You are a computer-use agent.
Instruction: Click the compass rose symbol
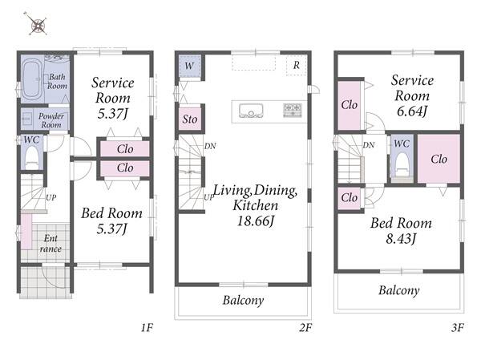click(36, 24)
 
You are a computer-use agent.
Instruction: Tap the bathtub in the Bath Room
click(31, 79)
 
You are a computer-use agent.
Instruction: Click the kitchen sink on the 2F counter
click(251, 111)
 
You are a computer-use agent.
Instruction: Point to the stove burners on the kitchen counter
click(292, 111)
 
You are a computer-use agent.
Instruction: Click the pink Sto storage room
click(190, 119)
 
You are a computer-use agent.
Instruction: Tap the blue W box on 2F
click(189, 66)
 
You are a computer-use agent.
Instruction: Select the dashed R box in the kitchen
click(296, 66)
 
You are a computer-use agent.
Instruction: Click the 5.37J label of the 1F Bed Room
click(111, 229)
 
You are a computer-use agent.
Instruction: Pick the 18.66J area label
click(255, 221)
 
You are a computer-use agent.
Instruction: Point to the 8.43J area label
click(401, 238)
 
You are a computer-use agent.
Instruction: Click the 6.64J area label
click(412, 111)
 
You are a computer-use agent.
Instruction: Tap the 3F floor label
click(458, 328)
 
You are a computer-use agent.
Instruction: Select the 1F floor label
click(147, 328)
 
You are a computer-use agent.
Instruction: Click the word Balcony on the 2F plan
click(243, 300)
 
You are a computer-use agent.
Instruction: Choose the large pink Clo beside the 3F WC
click(439, 159)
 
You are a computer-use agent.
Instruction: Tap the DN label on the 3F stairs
click(369, 145)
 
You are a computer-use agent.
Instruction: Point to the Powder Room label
click(51, 120)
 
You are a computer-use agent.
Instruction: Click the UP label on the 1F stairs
click(51, 197)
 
